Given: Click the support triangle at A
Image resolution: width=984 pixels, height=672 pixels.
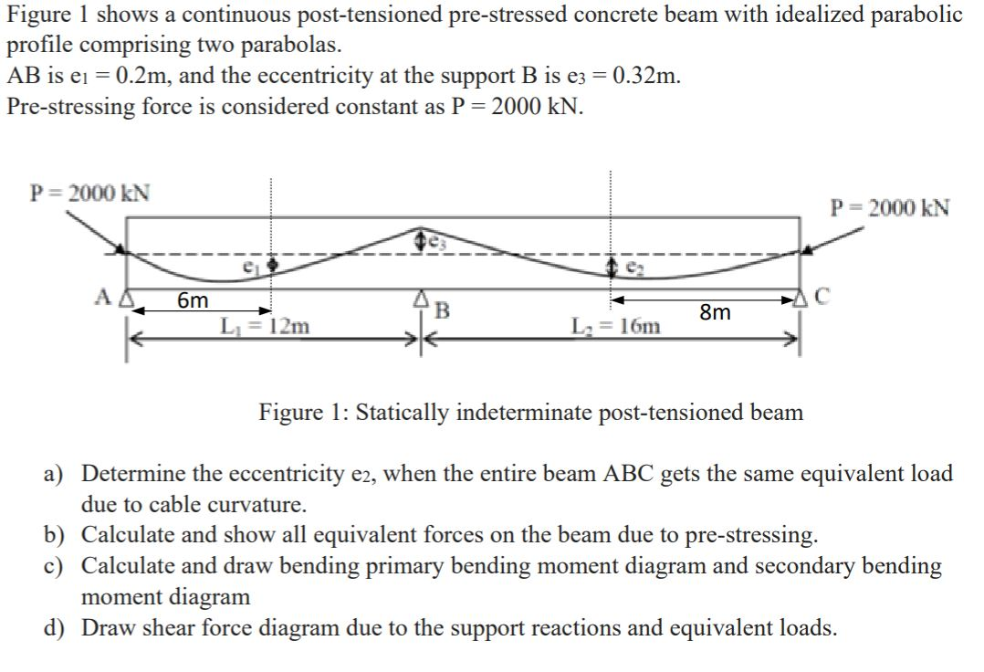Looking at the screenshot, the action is [128, 298].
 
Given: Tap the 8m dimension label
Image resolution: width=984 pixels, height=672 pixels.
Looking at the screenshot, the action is [716, 313].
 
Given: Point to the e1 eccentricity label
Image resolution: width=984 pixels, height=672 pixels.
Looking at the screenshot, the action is [246, 267].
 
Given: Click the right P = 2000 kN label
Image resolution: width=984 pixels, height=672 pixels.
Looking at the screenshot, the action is [889, 207].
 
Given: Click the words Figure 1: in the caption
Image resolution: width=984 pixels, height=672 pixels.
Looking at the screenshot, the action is [302, 413].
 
